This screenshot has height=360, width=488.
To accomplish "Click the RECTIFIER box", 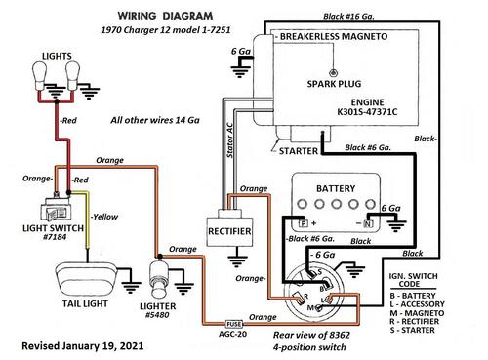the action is (229, 231).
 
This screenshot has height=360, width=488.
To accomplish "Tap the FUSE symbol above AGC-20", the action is (234, 324).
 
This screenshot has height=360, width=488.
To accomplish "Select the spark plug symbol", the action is (333, 72).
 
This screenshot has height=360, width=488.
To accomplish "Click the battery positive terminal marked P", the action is (304, 223).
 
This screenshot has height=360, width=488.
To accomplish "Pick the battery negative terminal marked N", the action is (368, 223).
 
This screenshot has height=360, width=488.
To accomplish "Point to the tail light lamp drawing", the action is (87, 279).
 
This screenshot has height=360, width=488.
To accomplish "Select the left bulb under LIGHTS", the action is (39, 77).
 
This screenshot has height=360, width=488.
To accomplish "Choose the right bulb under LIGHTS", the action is (72, 76).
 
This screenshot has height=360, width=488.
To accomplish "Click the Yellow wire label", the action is (103, 217).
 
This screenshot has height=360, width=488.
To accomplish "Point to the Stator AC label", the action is (229, 140).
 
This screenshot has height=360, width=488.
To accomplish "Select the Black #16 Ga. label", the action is (348, 16).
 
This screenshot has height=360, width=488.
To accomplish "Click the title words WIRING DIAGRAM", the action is (165, 16).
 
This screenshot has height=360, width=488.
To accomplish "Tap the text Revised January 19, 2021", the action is (83, 345).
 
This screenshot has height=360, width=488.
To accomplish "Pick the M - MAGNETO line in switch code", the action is (417, 313).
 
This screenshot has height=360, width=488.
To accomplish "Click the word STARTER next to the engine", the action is (299, 151).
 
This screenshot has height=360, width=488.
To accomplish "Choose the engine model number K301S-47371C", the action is (367, 112).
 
